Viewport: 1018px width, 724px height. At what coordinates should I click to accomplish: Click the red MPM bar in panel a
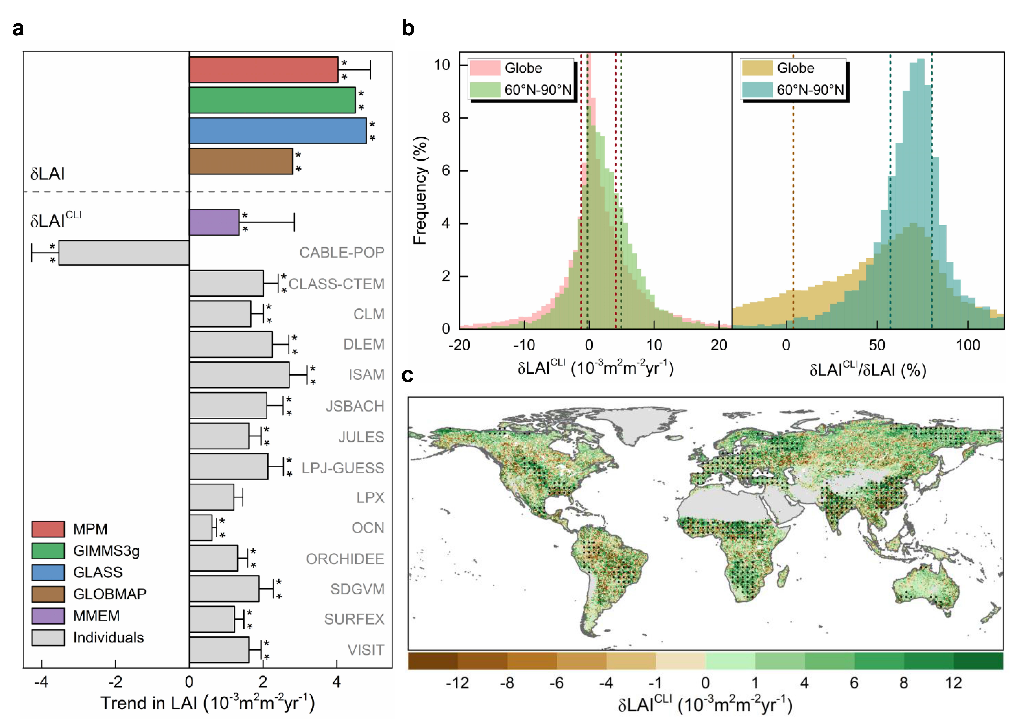263,69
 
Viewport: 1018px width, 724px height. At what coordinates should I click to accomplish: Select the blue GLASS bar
277,131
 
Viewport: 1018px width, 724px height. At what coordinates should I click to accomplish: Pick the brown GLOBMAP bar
241,161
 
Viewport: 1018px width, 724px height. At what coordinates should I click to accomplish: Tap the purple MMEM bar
214,222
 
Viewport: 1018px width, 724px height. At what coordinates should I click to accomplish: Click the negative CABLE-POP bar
124,253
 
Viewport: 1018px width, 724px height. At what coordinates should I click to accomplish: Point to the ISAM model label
366,375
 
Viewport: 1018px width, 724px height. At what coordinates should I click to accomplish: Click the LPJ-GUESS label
343,468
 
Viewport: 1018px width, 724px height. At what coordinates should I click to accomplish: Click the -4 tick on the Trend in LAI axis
42,682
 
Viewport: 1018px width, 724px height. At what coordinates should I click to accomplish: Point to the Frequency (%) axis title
420,190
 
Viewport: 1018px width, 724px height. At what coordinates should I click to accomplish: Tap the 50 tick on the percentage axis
877,346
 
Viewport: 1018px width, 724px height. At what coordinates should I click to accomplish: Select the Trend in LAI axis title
208,703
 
